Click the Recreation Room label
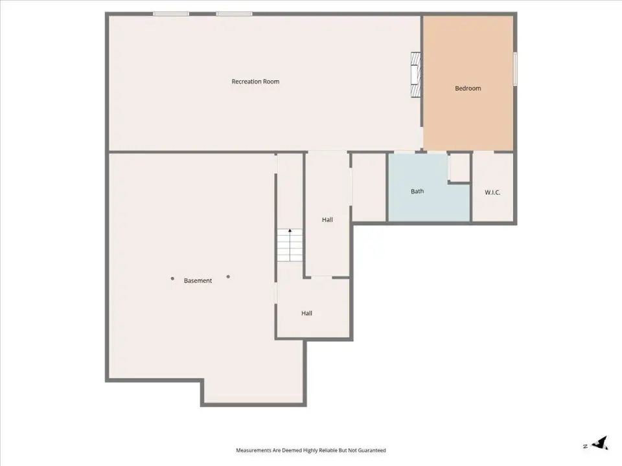255,82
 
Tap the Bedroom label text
468,89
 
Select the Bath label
417,192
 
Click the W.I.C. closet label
492,193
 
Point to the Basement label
198,280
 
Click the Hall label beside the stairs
327,219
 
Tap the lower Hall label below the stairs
306,313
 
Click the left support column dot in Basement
172,278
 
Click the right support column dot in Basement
228,276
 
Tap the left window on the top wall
171,14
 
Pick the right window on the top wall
234,14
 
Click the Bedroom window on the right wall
515,69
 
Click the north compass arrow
600,443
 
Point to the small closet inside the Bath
459,167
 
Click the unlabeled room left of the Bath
369,187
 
